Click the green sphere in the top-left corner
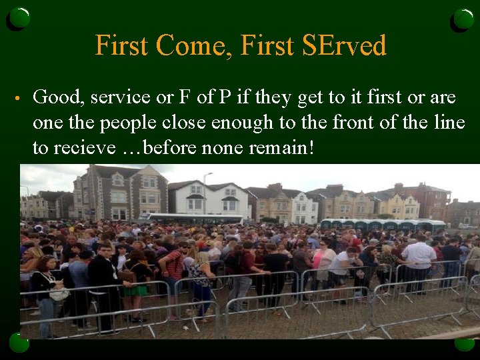coord(19,19)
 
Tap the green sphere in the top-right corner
coord(463,19)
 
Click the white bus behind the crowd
coord(193,219)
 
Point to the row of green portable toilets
coord(383,225)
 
